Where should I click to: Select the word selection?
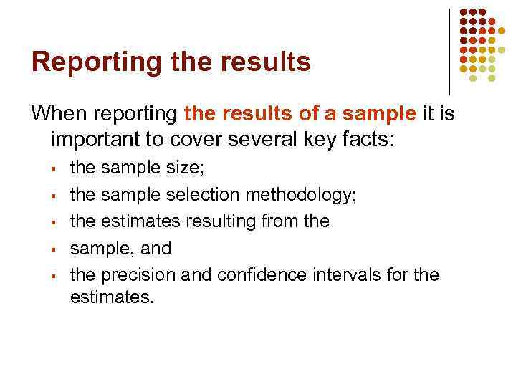203,194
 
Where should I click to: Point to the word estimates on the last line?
111,296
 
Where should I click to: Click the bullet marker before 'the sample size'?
53,169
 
